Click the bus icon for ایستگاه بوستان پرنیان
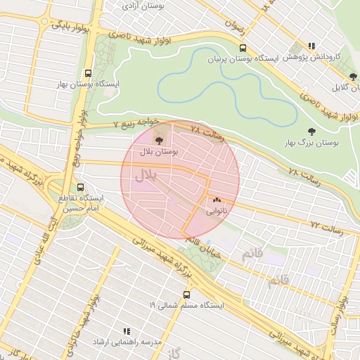[243, 49]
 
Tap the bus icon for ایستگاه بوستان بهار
[88, 72]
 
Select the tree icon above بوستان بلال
[167, 141]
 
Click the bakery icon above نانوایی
[216, 200]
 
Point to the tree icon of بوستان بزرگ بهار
[311, 131]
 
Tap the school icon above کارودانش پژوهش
[311, 46]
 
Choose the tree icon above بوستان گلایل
[353, 77]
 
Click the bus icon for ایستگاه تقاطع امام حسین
[80, 188]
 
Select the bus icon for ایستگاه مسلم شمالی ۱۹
[186, 295]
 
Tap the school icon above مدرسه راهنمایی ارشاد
[127, 330]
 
